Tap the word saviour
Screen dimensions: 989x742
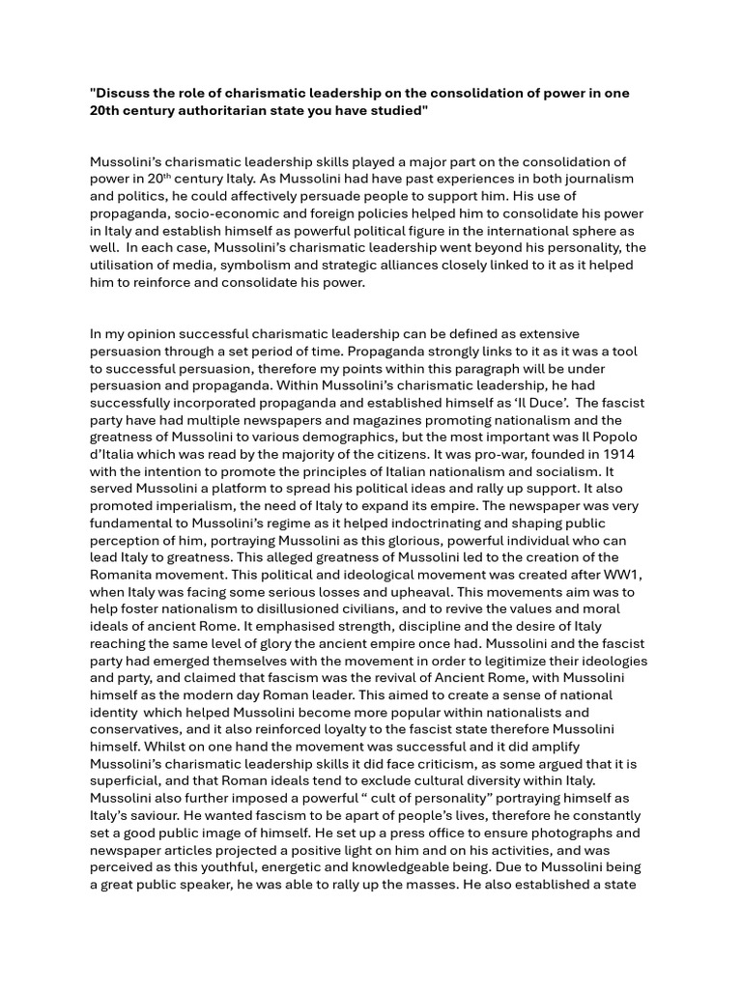(147, 816)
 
